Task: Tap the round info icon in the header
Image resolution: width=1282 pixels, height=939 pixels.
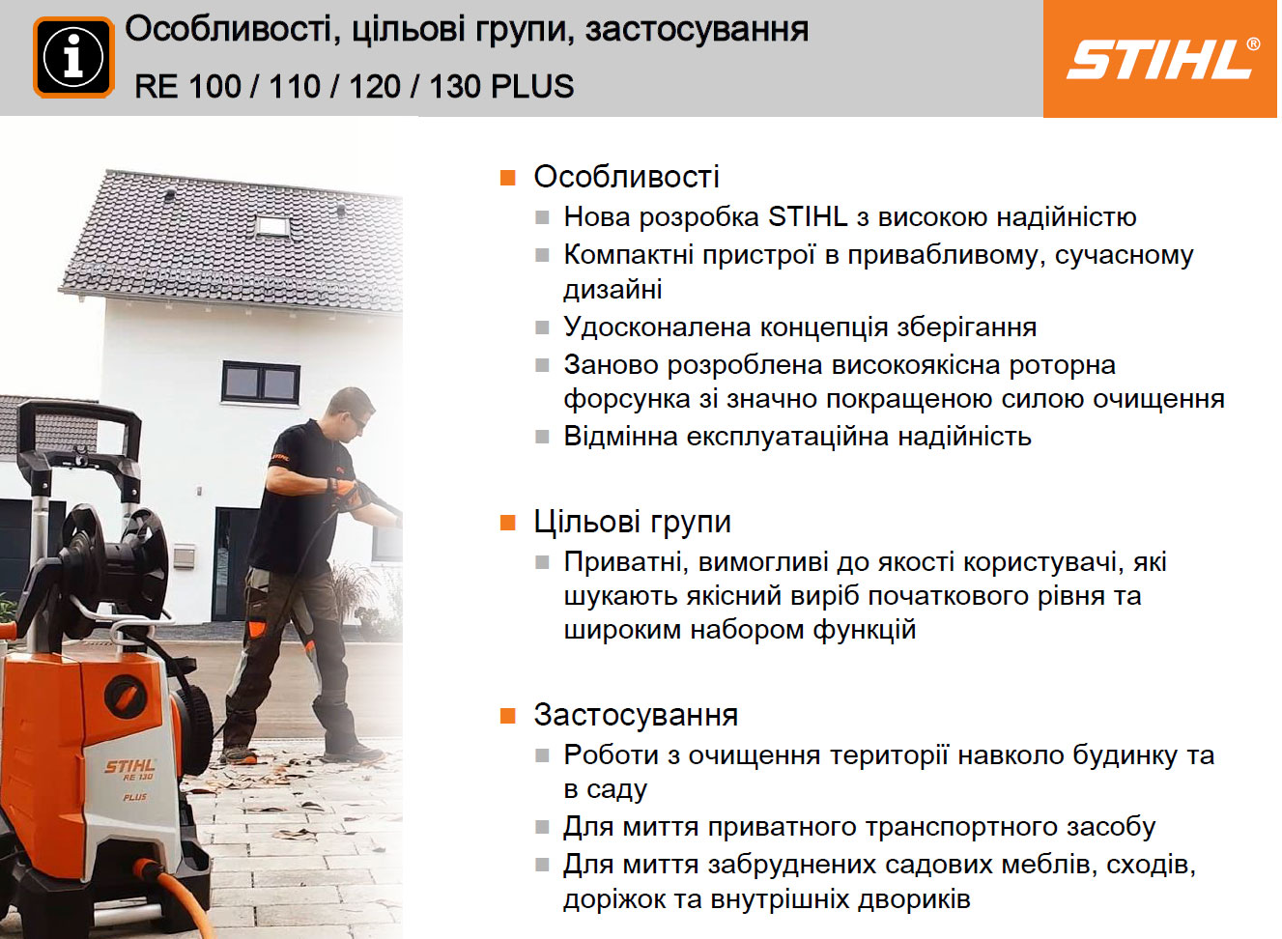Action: click(x=73, y=57)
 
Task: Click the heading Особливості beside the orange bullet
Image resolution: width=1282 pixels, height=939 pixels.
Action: click(x=626, y=176)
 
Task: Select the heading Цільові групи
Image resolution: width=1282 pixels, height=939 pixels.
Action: click(x=633, y=522)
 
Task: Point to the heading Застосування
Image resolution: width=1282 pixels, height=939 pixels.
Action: click(x=636, y=715)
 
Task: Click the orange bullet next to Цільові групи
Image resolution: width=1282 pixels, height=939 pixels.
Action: click(x=507, y=523)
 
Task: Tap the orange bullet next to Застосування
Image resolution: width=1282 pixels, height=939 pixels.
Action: click(x=507, y=716)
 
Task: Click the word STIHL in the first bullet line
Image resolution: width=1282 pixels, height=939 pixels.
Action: click(x=808, y=216)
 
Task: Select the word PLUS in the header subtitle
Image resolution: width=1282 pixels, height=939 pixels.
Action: click(x=532, y=86)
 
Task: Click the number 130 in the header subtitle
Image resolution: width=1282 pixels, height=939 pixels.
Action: click(x=454, y=86)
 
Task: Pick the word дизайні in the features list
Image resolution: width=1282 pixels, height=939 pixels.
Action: click(x=613, y=289)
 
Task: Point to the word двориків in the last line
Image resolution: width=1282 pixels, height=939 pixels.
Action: click(x=915, y=898)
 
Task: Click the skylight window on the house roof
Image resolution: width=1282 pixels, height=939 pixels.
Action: click(x=272, y=225)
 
